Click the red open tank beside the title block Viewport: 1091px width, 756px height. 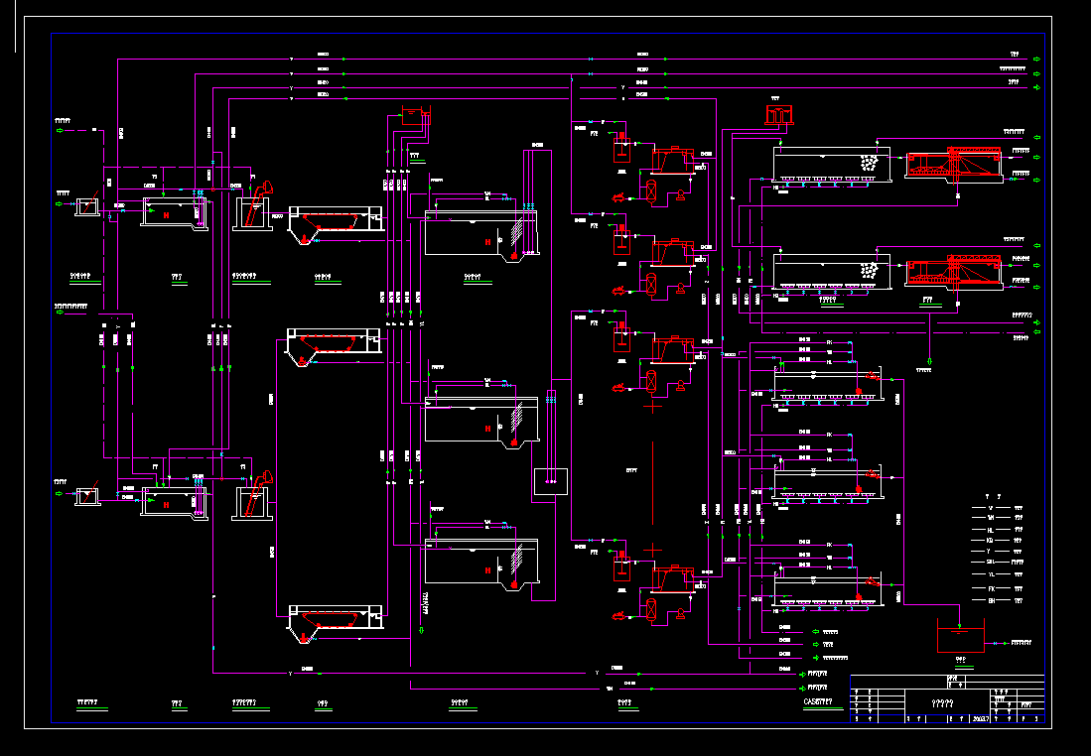point(958,635)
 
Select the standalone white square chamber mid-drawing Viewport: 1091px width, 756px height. point(549,481)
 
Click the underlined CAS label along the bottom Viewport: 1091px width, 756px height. point(823,703)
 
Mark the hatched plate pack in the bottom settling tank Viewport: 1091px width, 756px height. point(515,567)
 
